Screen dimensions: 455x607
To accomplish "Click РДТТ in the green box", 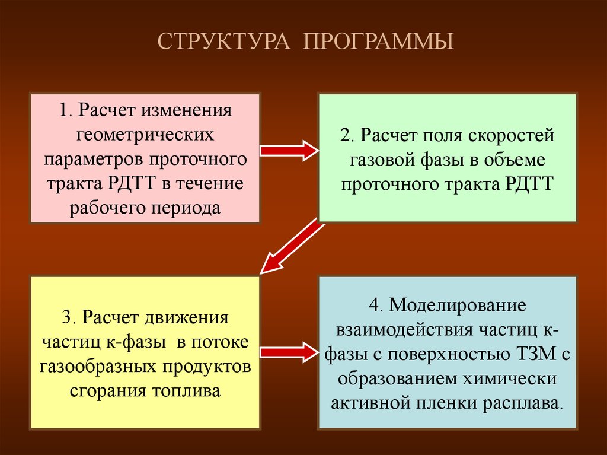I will point(529,184).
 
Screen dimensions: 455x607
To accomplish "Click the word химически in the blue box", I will point(515,379).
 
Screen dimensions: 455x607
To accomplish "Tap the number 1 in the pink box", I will point(62,111).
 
